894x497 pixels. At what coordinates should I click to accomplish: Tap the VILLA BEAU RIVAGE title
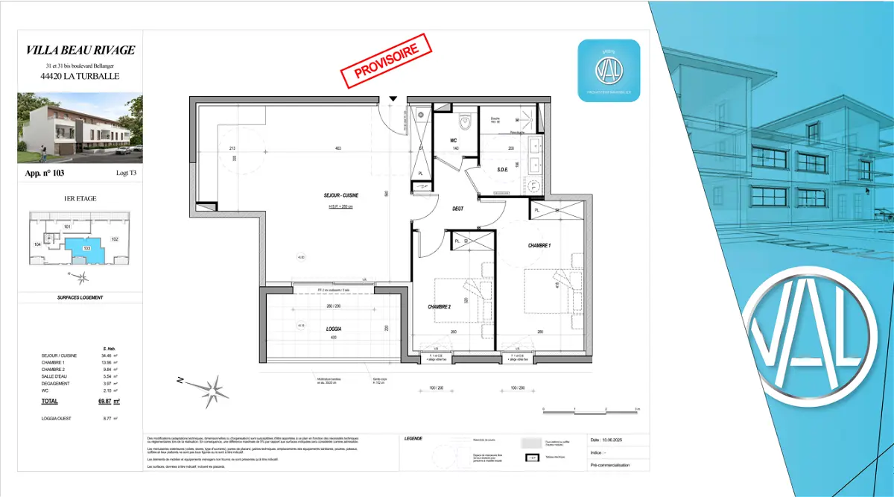click(x=80, y=50)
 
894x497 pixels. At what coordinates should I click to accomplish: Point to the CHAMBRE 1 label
click(x=540, y=246)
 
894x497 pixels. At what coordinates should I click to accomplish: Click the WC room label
click(x=453, y=140)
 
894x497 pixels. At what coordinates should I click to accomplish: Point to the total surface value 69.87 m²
click(x=110, y=400)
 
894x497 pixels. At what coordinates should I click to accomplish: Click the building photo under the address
click(x=80, y=127)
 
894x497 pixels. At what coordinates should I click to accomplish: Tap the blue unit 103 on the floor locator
click(x=85, y=247)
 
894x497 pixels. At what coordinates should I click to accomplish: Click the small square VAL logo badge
click(x=609, y=71)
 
